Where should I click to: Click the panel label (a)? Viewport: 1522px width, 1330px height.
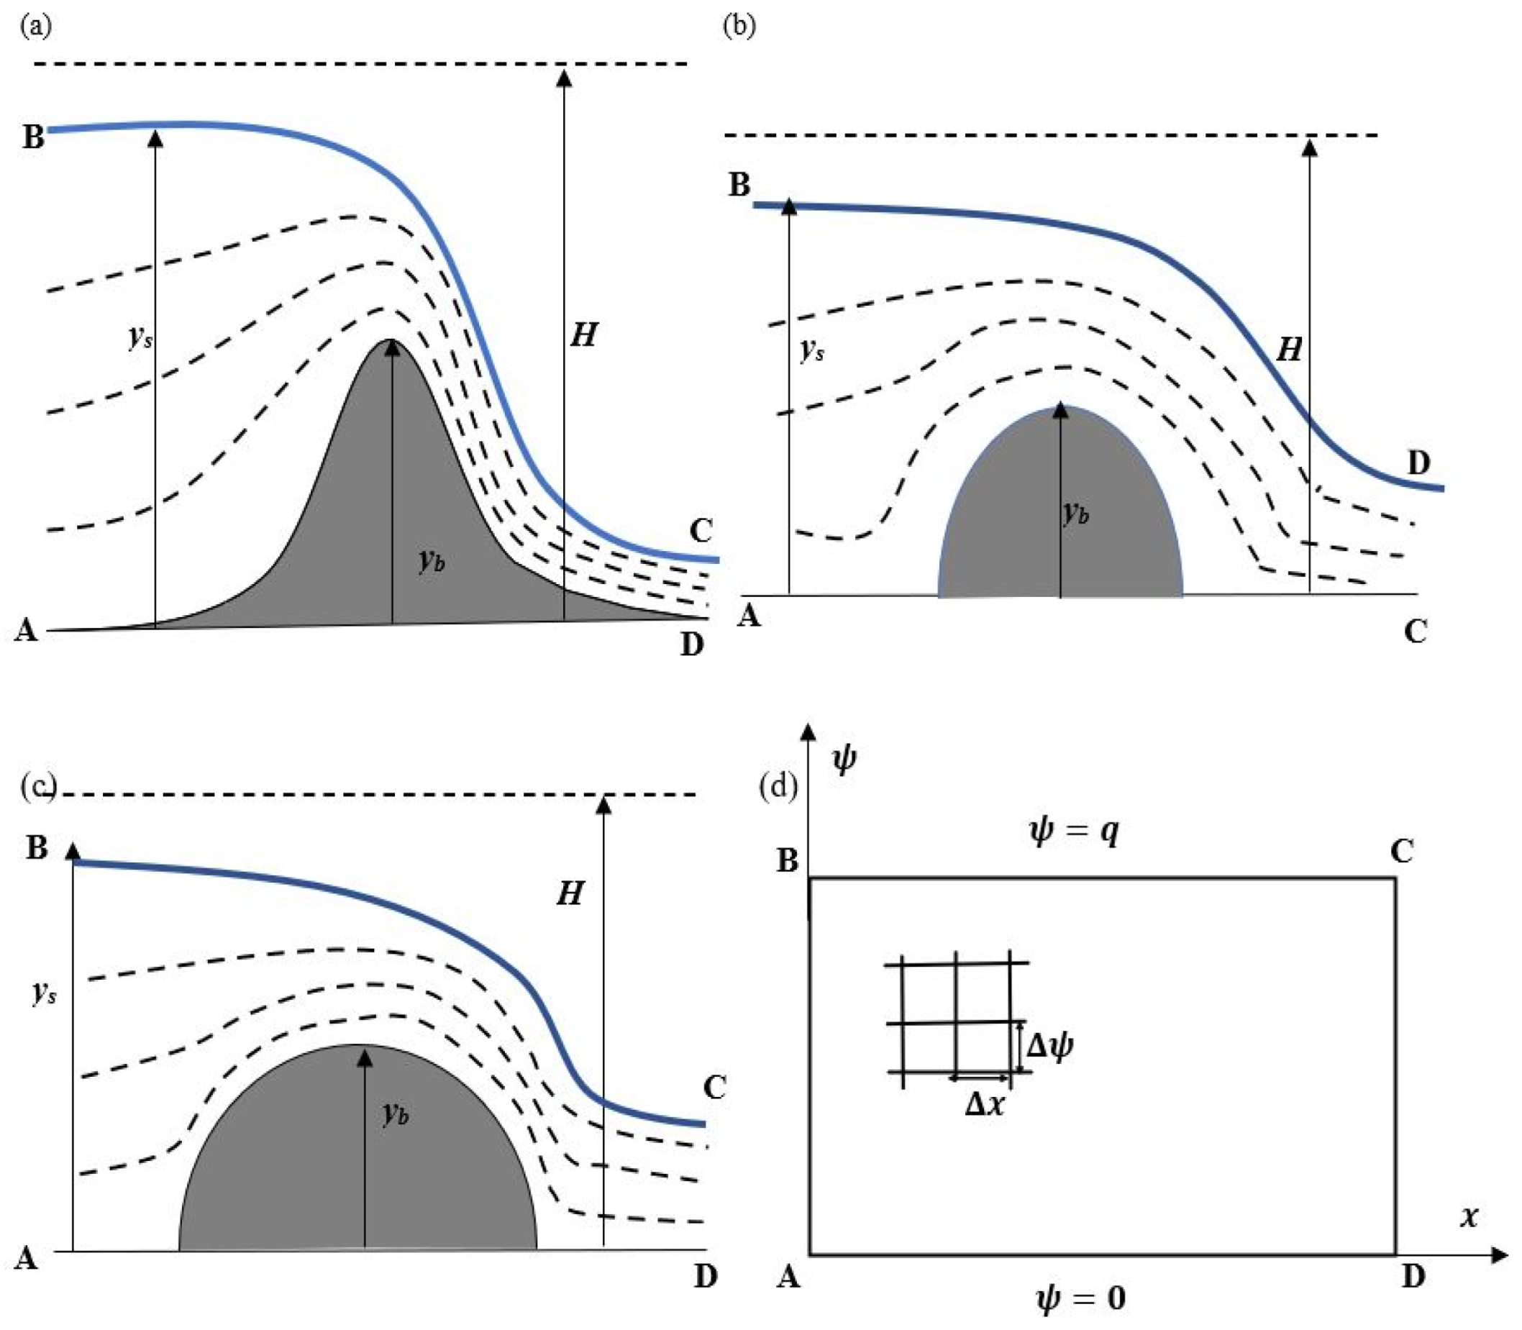[x=37, y=27]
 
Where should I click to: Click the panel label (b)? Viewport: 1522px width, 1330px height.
[x=739, y=26]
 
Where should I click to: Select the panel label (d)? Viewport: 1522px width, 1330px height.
[x=778, y=786]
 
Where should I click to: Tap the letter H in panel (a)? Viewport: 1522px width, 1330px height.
[x=584, y=335]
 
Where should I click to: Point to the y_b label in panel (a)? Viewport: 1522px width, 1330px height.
[x=432, y=560]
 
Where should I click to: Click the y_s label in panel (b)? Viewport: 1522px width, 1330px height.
[x=813, y=350]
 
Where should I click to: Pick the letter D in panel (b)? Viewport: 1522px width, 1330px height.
[x=1418, y=463]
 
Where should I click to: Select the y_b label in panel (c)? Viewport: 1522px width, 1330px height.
[x=396, y=1113]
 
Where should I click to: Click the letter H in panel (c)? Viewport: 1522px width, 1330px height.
[x=570, y=893]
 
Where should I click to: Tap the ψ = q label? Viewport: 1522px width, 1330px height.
[x=1074, y=832]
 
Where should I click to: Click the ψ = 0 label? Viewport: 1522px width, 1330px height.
[x=1080, y=1298]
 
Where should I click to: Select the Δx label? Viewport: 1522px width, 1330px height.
[x=985, y=1105]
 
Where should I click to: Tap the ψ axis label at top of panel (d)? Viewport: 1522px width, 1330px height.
[x=844, y=760]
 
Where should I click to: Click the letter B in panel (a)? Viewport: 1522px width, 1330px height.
[x=33, y=137]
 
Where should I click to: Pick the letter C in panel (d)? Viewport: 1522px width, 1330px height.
[x=1401, y=851]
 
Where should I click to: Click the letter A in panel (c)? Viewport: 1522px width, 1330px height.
[x=26, y=1259]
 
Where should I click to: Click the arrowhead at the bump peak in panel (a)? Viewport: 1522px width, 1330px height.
[x=392, y=347]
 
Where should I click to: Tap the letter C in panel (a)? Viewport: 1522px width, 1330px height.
[x=701, y=530]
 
